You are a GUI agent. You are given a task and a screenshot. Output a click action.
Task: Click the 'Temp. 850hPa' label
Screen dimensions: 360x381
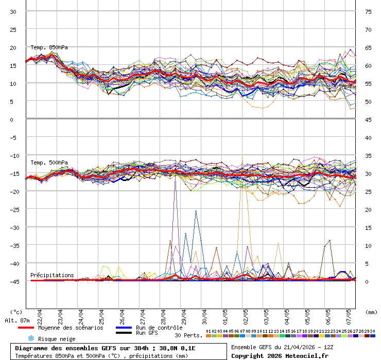49,47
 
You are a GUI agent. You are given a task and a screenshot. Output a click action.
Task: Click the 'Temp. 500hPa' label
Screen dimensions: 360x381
49,163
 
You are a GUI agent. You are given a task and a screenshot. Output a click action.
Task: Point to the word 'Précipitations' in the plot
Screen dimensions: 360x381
52,275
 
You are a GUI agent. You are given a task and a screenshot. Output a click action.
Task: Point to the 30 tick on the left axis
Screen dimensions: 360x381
13,11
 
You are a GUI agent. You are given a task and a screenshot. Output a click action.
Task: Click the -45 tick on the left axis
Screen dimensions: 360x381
13,281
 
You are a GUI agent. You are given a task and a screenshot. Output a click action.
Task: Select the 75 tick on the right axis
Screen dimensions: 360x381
369,11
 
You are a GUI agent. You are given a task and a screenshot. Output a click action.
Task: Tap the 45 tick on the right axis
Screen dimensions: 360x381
369,119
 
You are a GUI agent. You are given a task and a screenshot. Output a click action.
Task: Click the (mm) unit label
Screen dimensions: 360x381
370,312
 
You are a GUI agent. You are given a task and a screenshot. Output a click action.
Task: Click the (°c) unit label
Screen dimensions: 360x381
16,312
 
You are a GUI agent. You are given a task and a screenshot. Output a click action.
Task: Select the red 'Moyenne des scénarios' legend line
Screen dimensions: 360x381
26,328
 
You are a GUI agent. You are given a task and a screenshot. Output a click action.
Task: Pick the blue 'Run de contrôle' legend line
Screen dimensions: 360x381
123,328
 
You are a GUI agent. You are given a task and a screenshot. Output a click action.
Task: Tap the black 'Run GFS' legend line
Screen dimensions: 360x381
123,333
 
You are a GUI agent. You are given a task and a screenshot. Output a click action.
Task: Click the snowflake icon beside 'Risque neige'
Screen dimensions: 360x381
31,338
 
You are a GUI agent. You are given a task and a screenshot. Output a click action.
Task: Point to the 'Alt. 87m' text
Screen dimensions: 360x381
17,320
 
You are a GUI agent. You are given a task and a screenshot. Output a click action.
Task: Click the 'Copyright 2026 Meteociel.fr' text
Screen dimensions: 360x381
280,355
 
